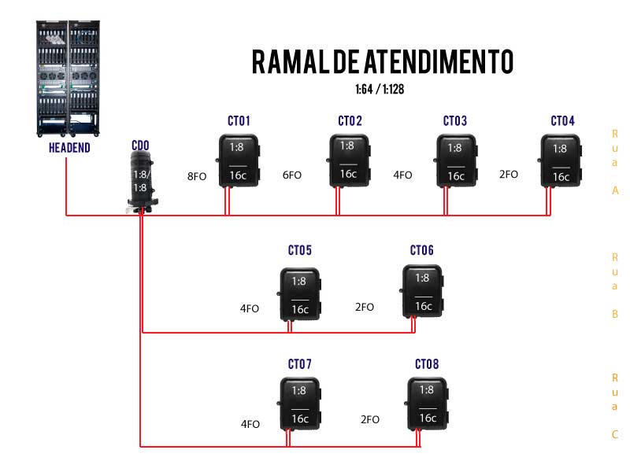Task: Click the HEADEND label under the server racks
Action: tap(69, 148)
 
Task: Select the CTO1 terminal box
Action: tap(239, 161)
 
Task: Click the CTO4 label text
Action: tap(563, 121)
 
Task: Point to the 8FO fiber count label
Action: tap(197, 177)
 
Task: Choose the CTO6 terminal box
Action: tap(423, 292)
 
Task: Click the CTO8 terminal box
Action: tap(427, 404)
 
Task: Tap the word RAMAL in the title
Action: tap(286, 61)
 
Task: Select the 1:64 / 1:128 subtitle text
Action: tap(380, 90)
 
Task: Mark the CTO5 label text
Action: tap(300, 250)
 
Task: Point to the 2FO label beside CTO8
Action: tap(370, 419)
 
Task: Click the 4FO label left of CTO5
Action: tap(250, 308)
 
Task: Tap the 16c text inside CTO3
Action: tap(456, 176)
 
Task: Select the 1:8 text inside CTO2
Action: tap(346, 146)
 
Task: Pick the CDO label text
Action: tap(140, 146)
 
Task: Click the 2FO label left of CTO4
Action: tap(509, 174)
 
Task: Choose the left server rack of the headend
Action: tap(54, 76)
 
